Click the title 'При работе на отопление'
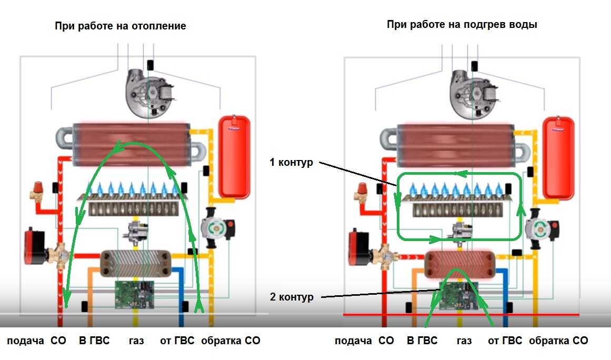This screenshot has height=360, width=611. click(x=120, y=26)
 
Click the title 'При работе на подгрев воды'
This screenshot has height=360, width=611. click(x=462, y=25)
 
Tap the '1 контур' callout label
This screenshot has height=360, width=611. click(x=291, y=163)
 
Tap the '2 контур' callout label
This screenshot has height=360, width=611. click(x=291, y=297)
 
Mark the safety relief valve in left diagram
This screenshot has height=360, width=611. click(x=38, y=192)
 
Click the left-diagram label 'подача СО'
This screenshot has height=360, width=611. click(x=36, y=341)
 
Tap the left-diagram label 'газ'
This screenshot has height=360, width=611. click(x=136, y=341)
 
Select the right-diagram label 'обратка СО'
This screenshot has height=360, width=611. click(x=558, y=341)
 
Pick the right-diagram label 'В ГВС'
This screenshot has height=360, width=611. click(x=422, y=341)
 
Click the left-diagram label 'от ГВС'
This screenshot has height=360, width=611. click(x=177, y=341)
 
